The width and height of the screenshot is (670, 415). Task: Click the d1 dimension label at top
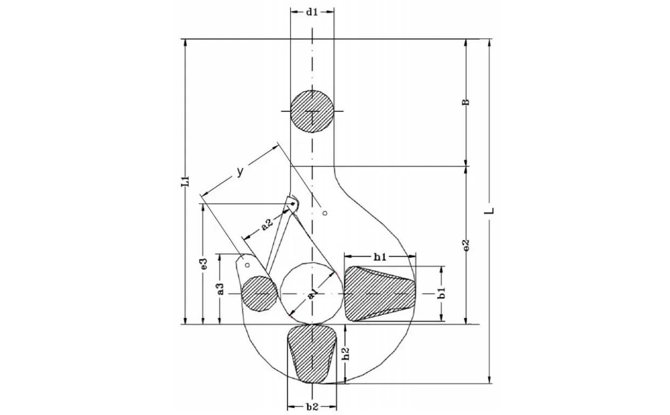[x=311, y=12]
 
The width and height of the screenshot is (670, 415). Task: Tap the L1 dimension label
[x=186, y=182]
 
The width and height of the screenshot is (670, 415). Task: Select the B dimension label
[x=466, y=103]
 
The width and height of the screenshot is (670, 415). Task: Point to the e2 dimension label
[x=466, y=245]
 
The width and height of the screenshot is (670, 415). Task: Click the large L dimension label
[x=489, y=210]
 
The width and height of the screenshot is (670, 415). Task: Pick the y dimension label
[x=240, y=172]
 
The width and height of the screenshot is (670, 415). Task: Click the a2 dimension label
[x=267, y=224]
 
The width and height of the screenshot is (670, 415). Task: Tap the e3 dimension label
[x=204, y=263]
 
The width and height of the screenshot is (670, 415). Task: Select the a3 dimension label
[x=221, y=289]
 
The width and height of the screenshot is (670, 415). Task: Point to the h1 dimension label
[x=380, y=257]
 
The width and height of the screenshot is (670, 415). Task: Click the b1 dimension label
[x=442, y=293]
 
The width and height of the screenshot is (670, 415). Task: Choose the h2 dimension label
[x=346, y=353]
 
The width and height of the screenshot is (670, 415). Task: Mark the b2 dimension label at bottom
[x=312, y=407]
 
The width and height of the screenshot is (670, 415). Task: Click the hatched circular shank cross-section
[x=312, y=111]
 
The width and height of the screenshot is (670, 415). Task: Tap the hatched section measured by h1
[x=380, y=294]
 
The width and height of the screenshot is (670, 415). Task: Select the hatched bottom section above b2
[x=312, y=353]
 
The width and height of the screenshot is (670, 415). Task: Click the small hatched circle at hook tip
[x=259, y=294]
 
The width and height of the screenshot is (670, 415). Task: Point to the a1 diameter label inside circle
[x=312, y=295]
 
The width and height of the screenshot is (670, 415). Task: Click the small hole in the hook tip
[x=248, y=265]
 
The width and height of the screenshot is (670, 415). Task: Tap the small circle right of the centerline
[x=325, y=213]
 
